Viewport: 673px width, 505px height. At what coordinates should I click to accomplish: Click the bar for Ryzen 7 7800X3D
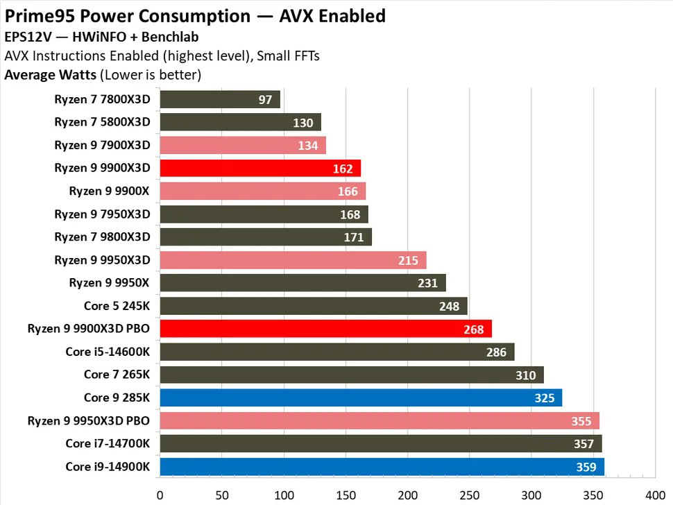(x=219, y=99)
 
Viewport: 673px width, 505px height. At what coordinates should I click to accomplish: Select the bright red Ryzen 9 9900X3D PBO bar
(x=325, y=329)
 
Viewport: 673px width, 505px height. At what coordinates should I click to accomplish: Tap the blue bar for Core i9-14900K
(x=382, y=467)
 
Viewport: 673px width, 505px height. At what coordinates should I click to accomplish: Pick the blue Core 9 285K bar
(x=361, y=397)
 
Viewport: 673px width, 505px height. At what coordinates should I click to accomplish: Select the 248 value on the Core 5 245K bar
(x=450, y=306)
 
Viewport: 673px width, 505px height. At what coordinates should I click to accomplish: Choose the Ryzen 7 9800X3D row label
(x=102, y=237)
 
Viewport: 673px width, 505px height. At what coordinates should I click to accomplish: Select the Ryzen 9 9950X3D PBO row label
(x=89, y=420)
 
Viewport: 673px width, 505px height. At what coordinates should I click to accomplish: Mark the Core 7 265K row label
(x=117, y=375)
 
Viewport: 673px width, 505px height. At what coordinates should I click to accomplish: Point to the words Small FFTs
(x=288, y=56)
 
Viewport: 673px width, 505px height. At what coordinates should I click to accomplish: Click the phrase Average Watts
(x=50, y=74)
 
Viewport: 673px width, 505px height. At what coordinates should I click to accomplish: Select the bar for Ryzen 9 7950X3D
(x=264, y=214)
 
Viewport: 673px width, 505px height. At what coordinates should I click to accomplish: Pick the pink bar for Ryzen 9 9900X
(x=262, y=191)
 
